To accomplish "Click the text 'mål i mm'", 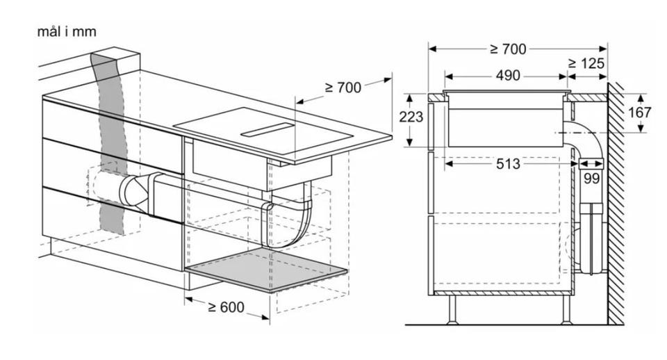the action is point(67,32).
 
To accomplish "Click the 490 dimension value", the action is point(508,76).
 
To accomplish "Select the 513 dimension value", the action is point(508,163).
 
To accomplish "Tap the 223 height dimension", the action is point(411,116).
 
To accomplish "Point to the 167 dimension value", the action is point(640,113).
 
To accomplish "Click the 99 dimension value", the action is point(591,179).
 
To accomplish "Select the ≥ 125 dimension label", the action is point(586,63).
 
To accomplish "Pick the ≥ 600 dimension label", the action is point(226,306).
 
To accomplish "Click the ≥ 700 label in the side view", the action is point(508,49).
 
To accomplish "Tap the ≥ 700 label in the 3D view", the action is point(343,88).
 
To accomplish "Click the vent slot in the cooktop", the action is point(267,130).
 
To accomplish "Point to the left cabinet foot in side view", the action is point(452,310).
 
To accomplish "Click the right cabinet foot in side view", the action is point(566,310).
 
